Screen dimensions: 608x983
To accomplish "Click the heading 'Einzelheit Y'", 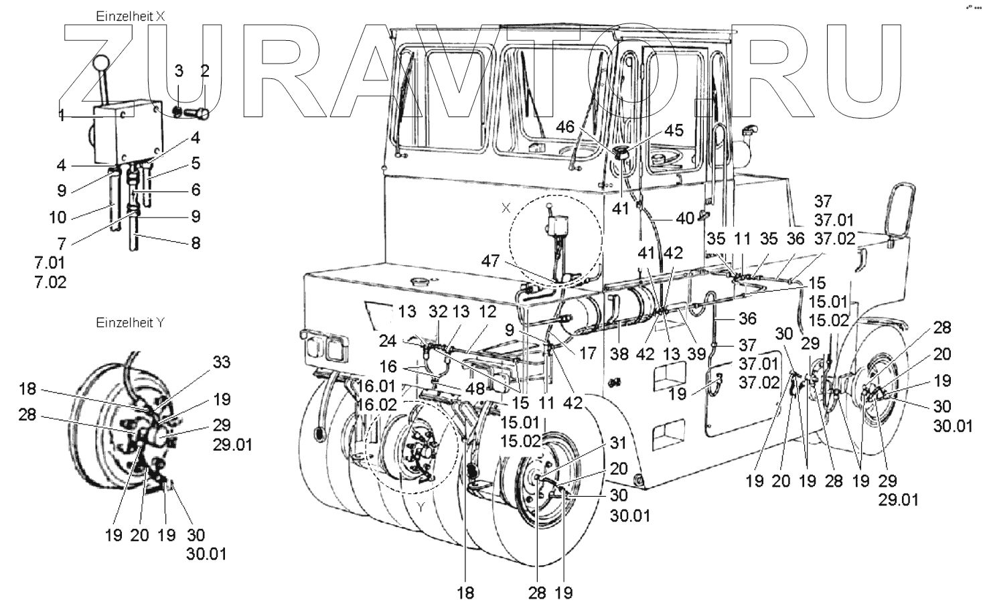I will pyautogui.click(x=131, y=323).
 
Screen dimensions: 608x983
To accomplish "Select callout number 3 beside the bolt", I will pyautogui.click(x=179, y=71).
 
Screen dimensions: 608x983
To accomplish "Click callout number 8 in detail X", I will pyautogui.click(x=196, y=243).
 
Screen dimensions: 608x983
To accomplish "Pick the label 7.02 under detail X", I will pyautogui.click(x=51, y=283).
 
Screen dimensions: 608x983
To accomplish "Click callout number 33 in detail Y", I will pyautogui.click(x=221, y=362).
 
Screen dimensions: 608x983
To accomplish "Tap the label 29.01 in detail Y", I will pyautogui.click(x=233, y=444).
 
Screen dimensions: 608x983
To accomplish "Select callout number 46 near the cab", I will pyautogui.click(x=566, y=127).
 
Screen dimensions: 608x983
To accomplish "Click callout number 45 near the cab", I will pyautogui.click(x=674, y=130).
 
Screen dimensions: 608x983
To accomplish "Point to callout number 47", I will pyautogui.click(x=491, y=260).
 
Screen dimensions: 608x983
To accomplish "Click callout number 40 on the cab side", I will pyautogui.click(x=684, y=218).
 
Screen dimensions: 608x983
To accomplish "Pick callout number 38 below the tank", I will pyautogui.click(x=619, y=354).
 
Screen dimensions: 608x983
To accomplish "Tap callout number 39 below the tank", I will pyautogui.click(x=697, y=354).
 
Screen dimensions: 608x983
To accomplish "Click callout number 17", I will pyautogui.click(x=588, y=353).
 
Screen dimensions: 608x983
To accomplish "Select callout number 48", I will pyautogui.click(x=477, y=389).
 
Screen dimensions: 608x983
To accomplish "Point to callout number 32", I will pyautogui.click(x=437, y=311).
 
